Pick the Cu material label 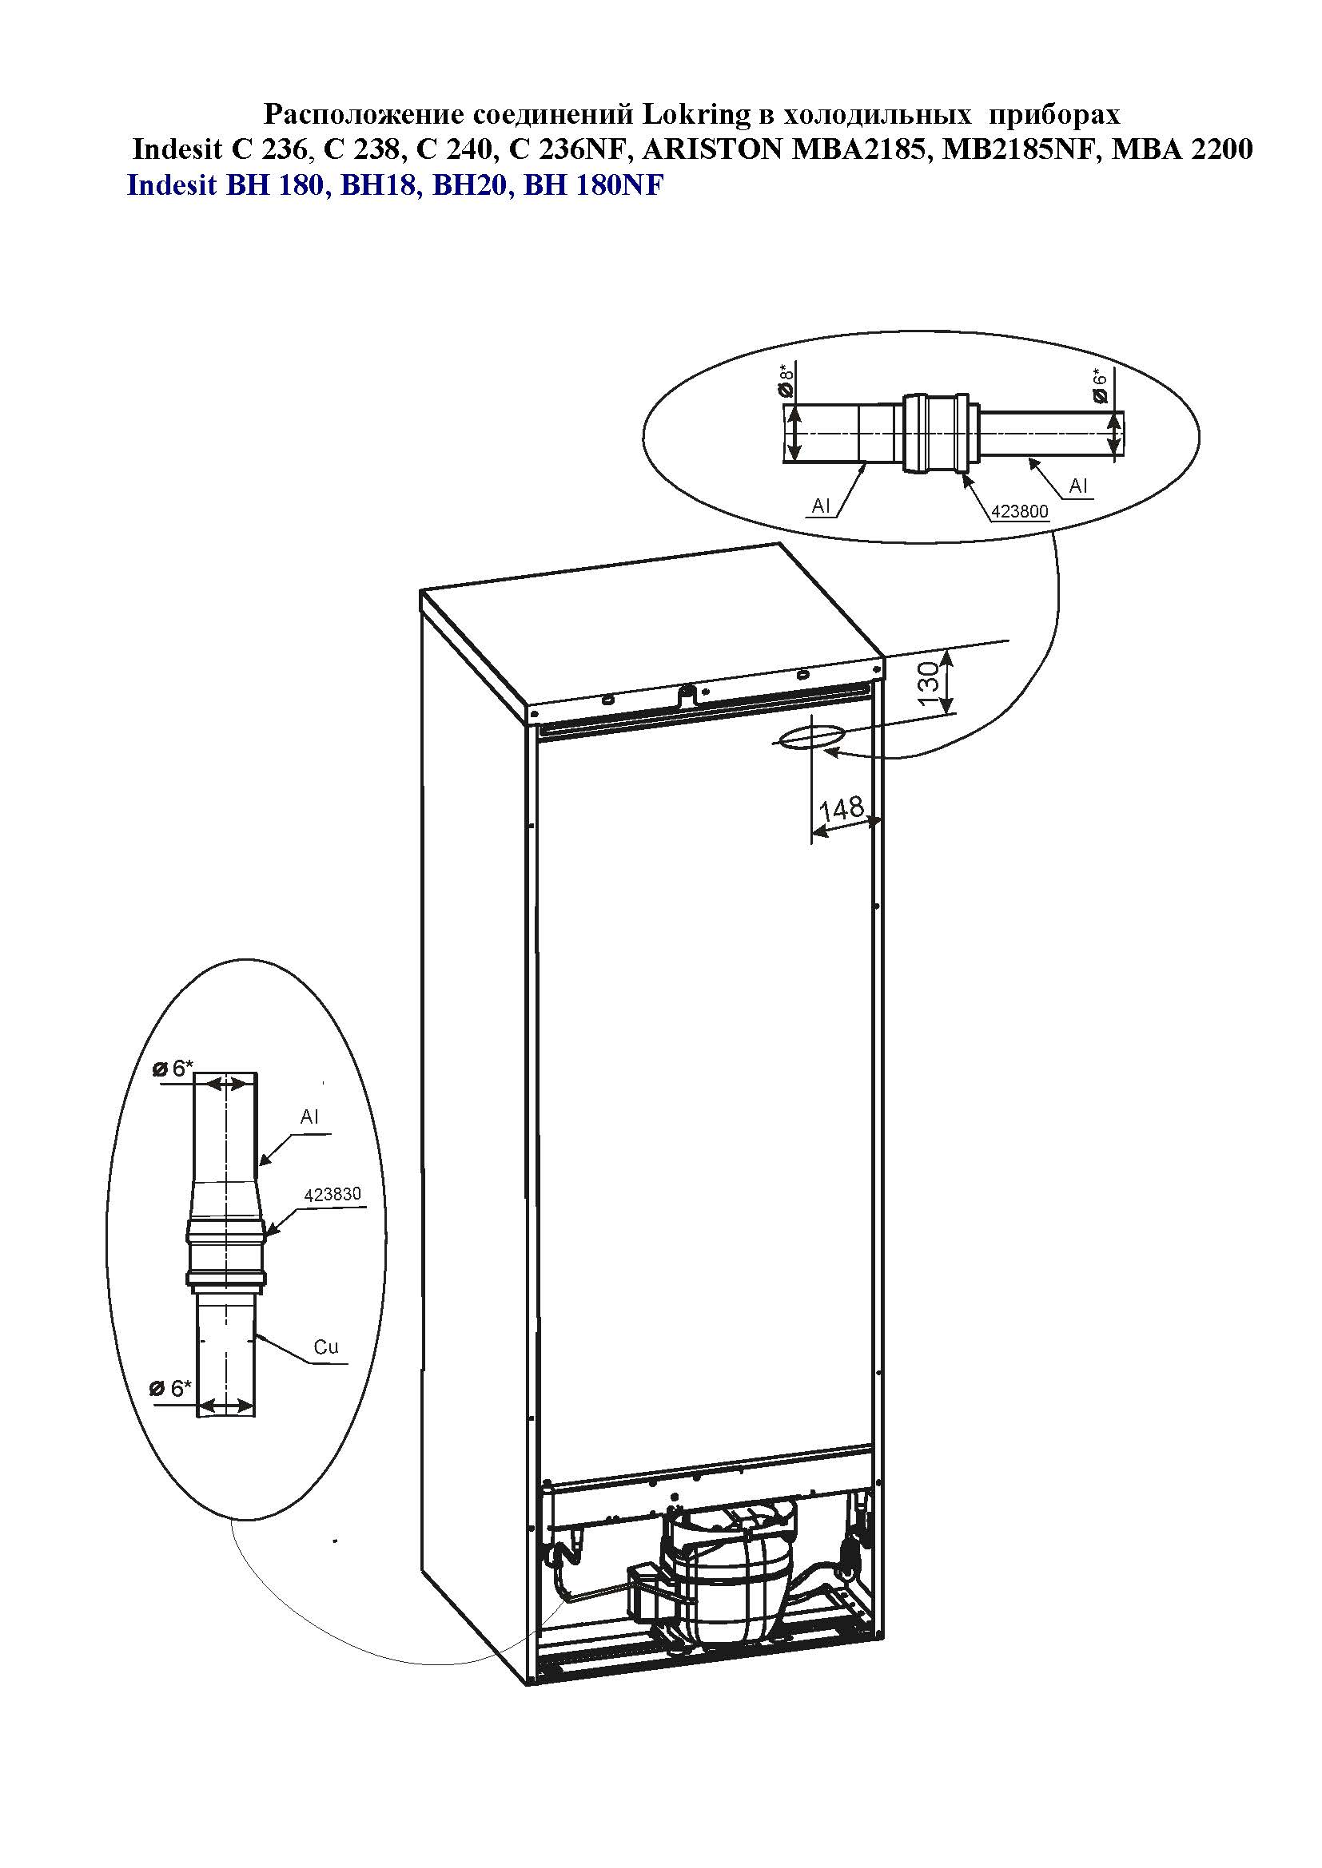click(325, 1346)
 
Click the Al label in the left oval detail click(309, 1117)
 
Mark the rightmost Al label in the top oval click(1078, 486)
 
